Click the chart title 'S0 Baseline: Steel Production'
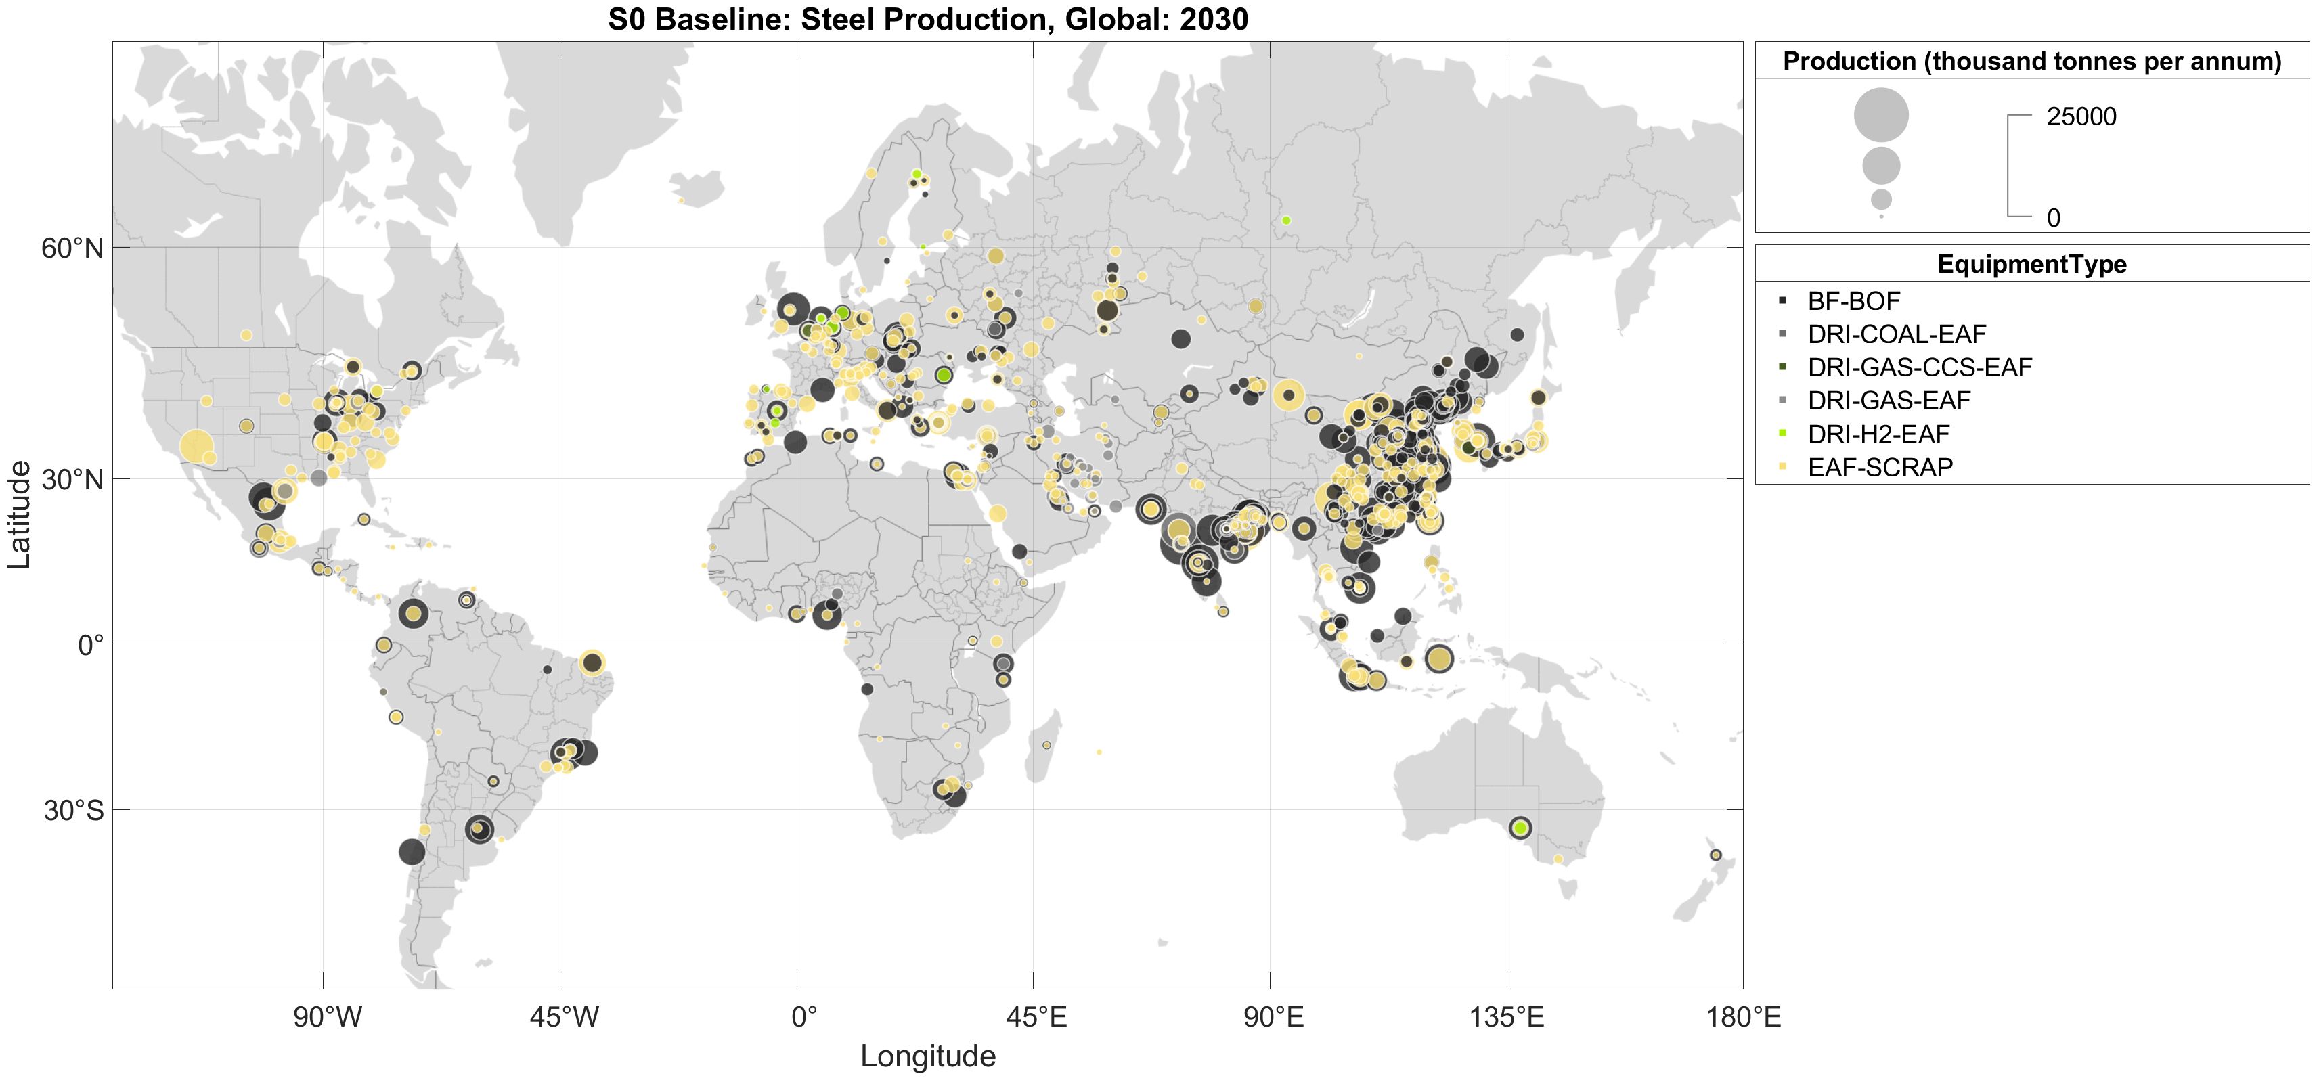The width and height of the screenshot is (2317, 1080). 927,19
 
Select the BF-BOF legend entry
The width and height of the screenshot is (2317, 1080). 1853,301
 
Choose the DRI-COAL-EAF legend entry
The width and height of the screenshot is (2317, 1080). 1896,334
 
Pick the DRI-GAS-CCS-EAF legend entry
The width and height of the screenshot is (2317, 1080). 1920,367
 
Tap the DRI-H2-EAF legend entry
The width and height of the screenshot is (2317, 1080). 1878,434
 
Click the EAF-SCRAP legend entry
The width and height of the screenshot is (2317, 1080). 1880,468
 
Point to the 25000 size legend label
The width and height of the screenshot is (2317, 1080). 2081,117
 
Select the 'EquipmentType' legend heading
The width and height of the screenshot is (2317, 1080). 2031,265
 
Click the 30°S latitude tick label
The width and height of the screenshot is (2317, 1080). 74,810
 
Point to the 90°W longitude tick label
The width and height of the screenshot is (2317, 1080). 328,1017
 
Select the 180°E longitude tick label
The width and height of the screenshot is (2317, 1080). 1743,1017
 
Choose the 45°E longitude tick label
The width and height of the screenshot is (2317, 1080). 1036,1017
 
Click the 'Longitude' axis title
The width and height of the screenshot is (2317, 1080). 927,1056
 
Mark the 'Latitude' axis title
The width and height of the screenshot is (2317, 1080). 19,514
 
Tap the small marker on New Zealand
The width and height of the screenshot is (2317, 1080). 1715,855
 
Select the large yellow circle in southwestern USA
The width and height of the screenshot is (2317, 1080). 196,446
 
